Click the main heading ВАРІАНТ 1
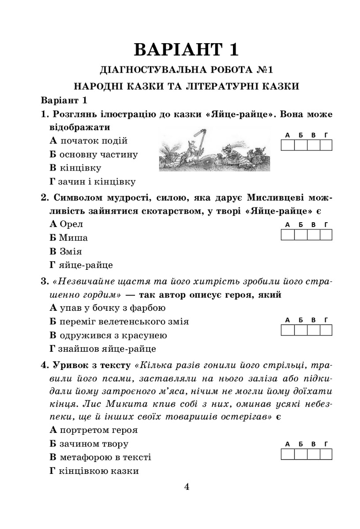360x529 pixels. pyautogui.click(x=186, y=50)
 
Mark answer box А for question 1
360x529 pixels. pyautogui.click(x=288, y=145)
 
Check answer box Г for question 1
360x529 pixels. pyautogui.click(x=326, y=145)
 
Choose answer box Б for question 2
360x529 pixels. pyautogui.click(x=300, y=235)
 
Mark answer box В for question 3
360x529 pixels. pyautogui.click(x=313, y=330)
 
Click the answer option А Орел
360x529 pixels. pyautogui.click(x=67, y=224)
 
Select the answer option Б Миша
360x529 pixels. pyautogui.click(x=69, y=238)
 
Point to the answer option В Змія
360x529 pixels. pyautogui.click(x=68, y=252)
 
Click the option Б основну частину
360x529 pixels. pyautogui.click(x=94, y=154)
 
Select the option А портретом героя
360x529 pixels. pyautogui.click(x=94, y=430)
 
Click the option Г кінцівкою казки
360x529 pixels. pyautogui.click(x=94, y=471)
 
